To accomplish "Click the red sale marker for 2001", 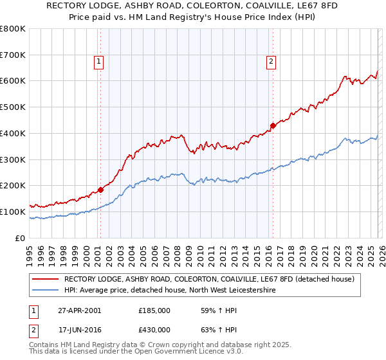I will [101, 190].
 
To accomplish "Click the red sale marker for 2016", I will [273, 125].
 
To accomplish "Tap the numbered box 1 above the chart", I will [99, 62].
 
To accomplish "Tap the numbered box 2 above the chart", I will [271, 62].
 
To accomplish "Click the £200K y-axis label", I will [13, 186].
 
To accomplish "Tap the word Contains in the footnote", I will [45, 345].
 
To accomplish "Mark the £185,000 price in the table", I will [154, 310].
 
